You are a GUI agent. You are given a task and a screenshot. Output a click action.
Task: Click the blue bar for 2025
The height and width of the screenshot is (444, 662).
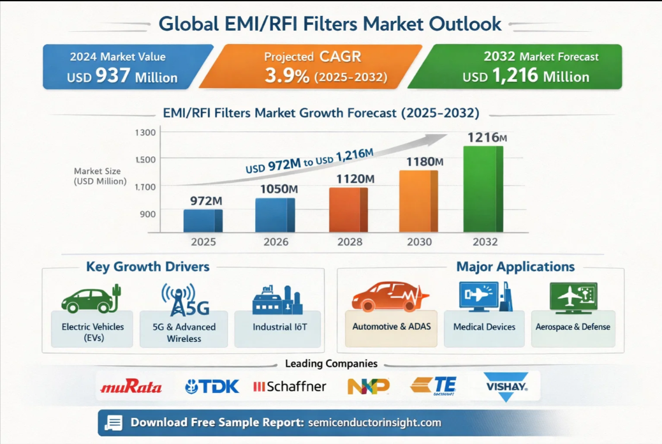tap(203, 220)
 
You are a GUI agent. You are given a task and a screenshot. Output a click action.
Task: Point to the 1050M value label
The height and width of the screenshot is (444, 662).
tap(279, 189)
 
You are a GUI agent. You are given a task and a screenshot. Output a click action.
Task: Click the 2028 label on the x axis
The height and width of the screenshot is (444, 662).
tap(349, 242)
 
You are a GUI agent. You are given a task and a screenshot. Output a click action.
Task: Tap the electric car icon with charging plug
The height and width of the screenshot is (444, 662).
tap(91, 299)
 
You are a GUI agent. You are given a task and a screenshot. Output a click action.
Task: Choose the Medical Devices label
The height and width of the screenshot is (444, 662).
tap(484, 327)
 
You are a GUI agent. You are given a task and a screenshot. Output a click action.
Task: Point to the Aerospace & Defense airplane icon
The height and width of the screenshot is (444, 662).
tap(573, 297)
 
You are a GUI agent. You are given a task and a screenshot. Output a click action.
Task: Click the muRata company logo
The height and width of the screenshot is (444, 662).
tap(131, 387)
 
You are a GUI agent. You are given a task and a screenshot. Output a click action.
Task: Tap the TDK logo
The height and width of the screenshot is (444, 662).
tap(212, 386)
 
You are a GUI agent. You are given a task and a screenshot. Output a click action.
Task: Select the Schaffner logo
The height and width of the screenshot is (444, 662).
tap(290, 386)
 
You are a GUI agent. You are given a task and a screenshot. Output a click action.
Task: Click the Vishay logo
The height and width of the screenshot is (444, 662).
tap(505, 386)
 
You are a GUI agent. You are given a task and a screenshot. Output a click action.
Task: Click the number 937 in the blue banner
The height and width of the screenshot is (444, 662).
tap(113, 77)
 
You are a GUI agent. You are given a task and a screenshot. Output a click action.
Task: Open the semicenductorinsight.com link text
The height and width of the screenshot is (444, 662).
tap(374, 422)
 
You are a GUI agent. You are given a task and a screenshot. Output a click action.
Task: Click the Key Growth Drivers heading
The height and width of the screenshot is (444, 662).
tap(147, 267)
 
